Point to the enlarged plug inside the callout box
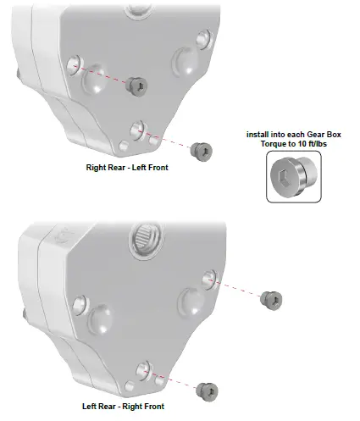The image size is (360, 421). point(291,179)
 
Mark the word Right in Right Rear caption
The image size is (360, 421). point(95,168)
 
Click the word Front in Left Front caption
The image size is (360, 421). point(157,168)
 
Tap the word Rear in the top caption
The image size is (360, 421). point(115,168)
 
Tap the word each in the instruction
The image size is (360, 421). point(288,135)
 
